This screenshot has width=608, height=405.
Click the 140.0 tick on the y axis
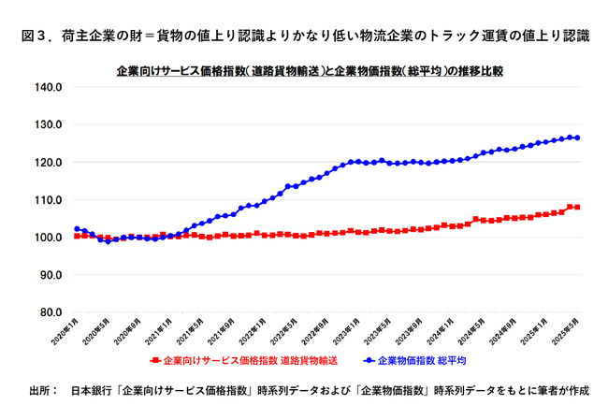point(47,87)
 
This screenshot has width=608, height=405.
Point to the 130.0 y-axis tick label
point(47,124)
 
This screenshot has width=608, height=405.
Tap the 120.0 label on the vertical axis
point(47,162)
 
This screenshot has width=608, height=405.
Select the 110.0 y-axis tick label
point(47,199)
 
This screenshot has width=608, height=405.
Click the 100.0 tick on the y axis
point(47,237)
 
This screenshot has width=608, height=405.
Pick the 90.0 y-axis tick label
point(49,275)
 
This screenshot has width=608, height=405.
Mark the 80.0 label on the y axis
point(49,312)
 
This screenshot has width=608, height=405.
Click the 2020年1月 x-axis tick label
point(67,331)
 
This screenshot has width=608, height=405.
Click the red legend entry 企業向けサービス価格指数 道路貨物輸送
point(243,358)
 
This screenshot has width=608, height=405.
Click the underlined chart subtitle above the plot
point(310,70)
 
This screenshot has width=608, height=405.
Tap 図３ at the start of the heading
point(35,36)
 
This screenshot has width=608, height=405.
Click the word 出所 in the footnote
point(41,388)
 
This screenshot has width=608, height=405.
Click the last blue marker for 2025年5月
point(577,137)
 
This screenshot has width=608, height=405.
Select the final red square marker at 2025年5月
point(577,207)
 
